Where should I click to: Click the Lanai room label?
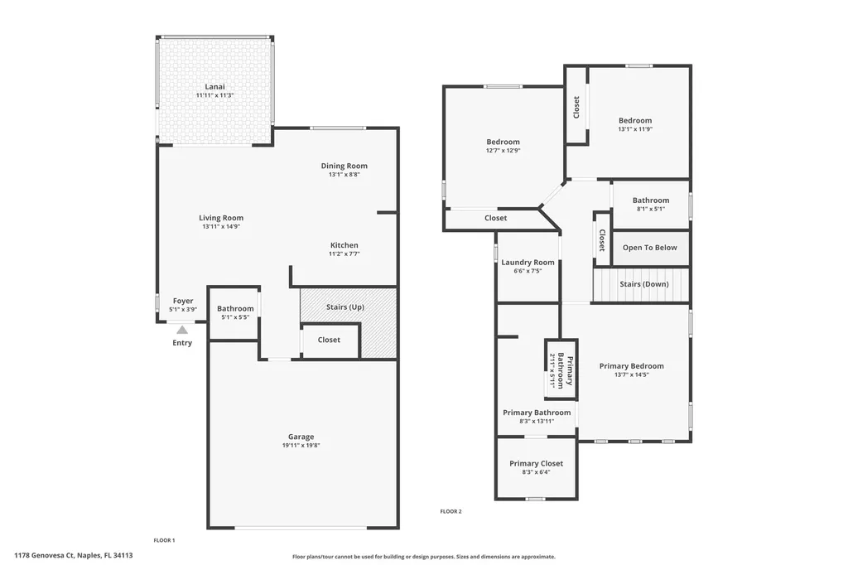click(214, 86)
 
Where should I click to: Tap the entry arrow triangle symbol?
click(182, 329)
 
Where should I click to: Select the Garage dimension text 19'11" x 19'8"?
click(301, 445)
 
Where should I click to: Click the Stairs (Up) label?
click(344, 307)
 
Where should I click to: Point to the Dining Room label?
click(344, 166)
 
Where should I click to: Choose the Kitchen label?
click(344, 245)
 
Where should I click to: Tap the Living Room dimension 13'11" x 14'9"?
click(221, 226)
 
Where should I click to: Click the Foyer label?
click(183, 301)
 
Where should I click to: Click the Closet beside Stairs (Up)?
click(329, 340)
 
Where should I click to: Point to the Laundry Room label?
click(528, 263)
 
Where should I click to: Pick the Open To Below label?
click(649, 248)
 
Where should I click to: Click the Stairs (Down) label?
click(643, 284)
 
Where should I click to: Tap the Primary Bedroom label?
click(631, 366)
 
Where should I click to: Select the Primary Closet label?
click(536, 464)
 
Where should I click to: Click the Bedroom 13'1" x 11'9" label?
click(634, 120)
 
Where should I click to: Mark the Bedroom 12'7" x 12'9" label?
click(503, 142)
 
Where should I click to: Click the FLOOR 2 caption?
click(450, 511)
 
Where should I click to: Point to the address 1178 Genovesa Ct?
click(74, 556)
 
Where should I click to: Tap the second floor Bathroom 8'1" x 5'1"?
click(650, 200)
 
